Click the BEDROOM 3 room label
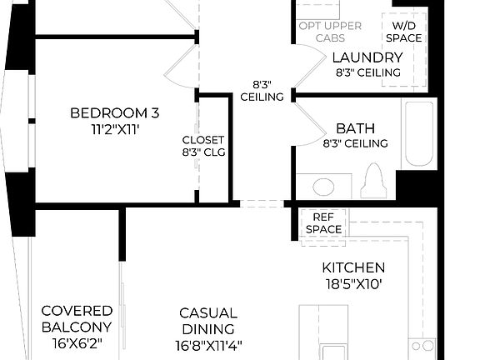click(x=114, y=112)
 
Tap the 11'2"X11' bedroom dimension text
click(x=114, y=130)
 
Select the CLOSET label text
click(x=202, y=139)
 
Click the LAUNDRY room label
click(x=367, y=57)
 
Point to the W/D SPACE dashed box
click(x=403, y=37)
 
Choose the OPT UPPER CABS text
click(x=330, y=32)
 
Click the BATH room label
click(x=355, y=128)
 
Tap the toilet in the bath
click(x=374, y=178)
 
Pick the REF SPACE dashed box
click(x=323, y=222)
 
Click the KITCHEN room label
click(x=353, y=267)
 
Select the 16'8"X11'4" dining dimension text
click(x=208, y=343)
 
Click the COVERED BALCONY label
click(x=77, y=318)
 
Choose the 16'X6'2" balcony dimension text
click(x=77, y=343)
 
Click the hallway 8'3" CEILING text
click(x=262, y=90)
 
